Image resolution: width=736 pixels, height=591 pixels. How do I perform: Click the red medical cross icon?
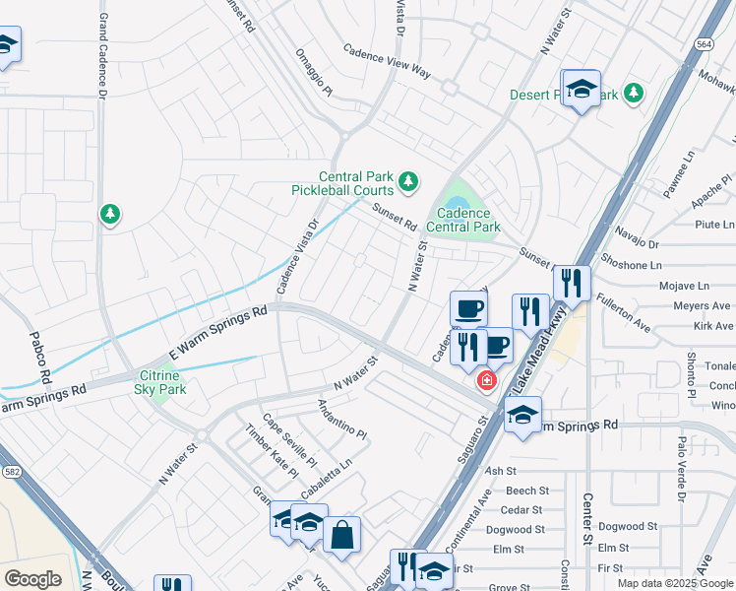485,380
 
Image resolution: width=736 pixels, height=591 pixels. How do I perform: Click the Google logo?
32,579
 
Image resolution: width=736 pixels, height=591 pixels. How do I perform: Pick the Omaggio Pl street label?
315,73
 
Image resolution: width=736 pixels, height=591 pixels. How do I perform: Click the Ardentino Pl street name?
341,420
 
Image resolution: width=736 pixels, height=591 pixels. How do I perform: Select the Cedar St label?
521,509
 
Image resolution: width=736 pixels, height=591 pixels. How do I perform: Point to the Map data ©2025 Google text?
674,583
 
